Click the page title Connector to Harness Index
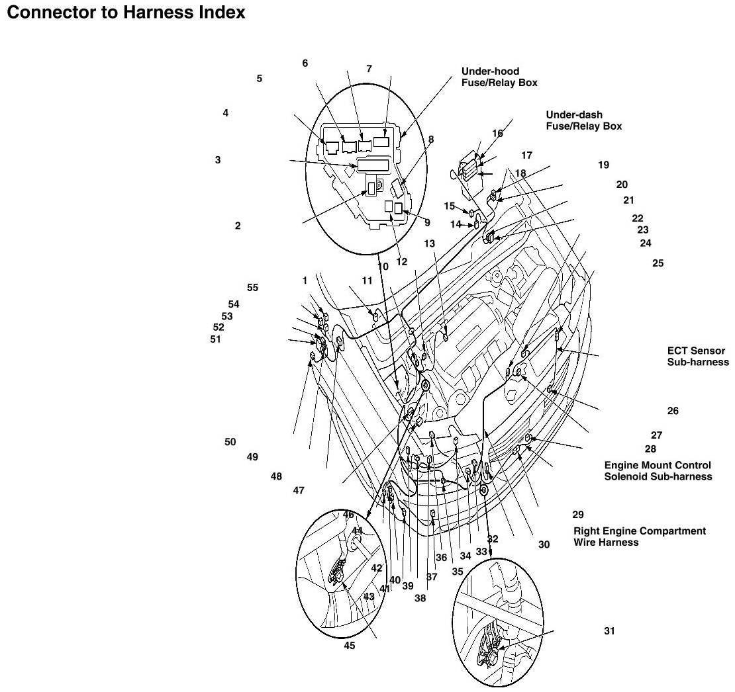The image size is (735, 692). [x=126, y=12]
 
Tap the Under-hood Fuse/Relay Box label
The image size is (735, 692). [x=499, y=77]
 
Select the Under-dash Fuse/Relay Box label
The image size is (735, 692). [x=583, y=120]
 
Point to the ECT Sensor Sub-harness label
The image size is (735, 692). [x=698, y=357]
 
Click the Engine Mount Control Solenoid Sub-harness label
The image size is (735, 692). [x=658, y=471]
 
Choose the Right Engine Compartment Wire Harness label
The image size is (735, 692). [x=640, y=537]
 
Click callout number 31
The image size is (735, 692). [x=609, y=631]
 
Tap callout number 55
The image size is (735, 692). [x=253, y=288]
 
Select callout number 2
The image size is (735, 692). [x=238, y=226]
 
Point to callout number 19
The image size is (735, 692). [x=604, y=165]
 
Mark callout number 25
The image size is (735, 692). [x=658, y=263]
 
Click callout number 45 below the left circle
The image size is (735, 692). [x=349, y=646]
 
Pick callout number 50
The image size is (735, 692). [x=230, y=442]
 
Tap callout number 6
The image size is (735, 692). [x=305, y=64]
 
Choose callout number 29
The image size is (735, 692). [x=578, y=515]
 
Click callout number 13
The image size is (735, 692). [x=429, y=243]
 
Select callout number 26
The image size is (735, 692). [x=673, y=411]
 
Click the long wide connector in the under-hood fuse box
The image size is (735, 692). [x=373, y=165]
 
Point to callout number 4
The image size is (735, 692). [x=226, y=113]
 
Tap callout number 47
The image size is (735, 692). [x=299, y=491]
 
